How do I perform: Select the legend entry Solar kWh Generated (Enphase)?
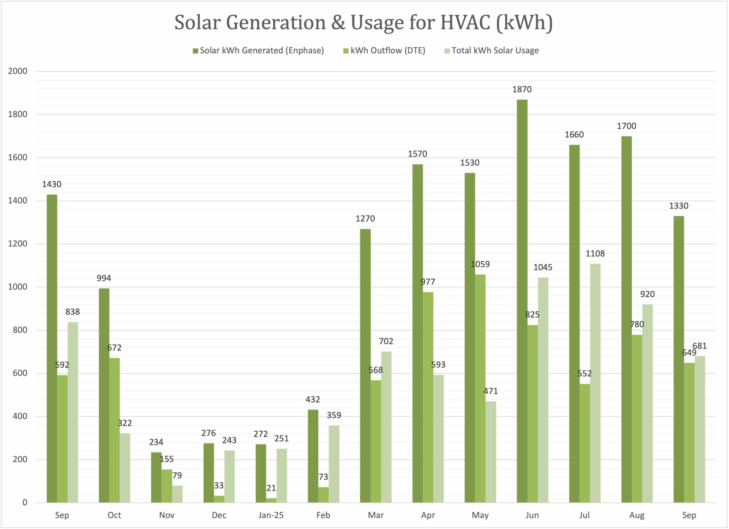pyautogui.click(x=261, y=50)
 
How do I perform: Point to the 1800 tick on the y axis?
pyautogui.click(x=18, y=114)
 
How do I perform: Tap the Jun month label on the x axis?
pyautogui.click(x=532, y=515)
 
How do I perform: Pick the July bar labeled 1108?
pyautogui.click(x=595, y=382)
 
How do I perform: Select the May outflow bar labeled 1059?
pyautogui.click(x=480, y=389)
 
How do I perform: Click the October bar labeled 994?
pyautogui.click(x=104, y=395)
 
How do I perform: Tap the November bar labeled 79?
pyautogui.click(x=177, y=494)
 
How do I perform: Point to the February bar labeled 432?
pyautogui.click(x=313, y=456)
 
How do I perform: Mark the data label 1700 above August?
pyautogui.click(x=626, y=126)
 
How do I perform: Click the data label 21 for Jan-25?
pyautogui.click(x=271, y=488)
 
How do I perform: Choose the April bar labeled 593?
pyautogui.click(x=439, y=439)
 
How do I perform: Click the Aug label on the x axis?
pyautogui.click(x=637, y=515)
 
